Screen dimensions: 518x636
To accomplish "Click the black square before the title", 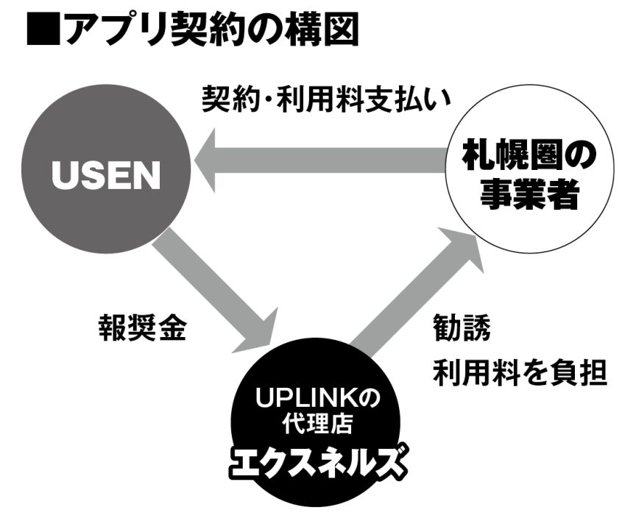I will pos(41,29).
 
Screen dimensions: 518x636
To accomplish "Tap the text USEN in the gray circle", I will pos(106,174).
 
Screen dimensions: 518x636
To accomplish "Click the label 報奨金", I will pos(142,329).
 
